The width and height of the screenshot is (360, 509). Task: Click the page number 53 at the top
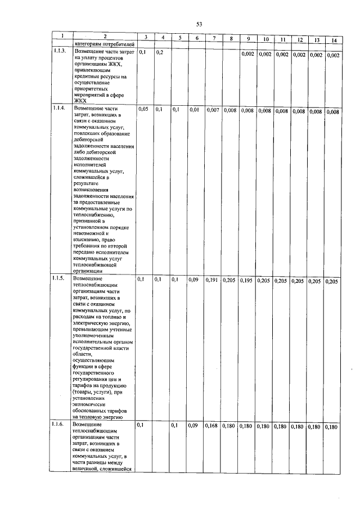(x=199, y=24)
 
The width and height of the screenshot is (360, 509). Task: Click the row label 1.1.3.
(x=59, y=51)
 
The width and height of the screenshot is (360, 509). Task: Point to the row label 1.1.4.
(x=59, y=107)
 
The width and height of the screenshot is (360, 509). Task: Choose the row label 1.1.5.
(x=59, y=278)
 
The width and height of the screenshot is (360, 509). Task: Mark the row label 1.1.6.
(x=59, y=425)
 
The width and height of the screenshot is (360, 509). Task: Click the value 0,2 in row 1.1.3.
(x=159, y=52)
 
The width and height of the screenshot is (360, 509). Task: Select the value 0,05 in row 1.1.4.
(x=143, y=109)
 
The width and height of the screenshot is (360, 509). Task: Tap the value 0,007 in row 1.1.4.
(x=213, y=110)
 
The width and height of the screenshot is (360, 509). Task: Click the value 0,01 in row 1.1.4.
(x=194, y=110)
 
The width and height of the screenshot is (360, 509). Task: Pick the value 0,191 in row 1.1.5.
(x=212, y=280)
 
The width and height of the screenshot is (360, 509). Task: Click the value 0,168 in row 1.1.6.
(x=212, y=426)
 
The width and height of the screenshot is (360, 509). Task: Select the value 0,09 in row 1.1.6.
(x=194, y=426)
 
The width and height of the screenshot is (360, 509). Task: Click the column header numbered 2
(x=104, y=37)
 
